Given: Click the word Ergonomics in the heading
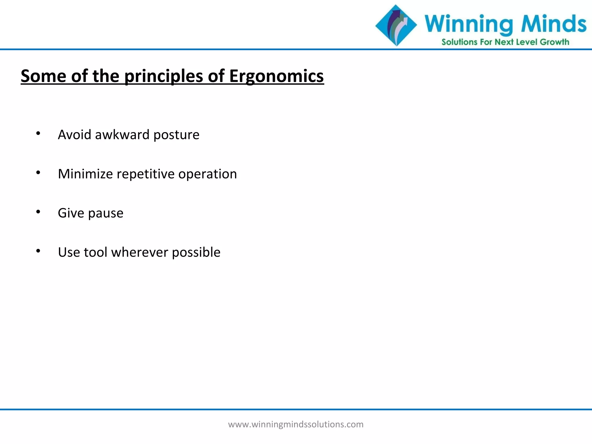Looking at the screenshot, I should [x=276, y=76].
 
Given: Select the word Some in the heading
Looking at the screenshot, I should [x=43, y=76].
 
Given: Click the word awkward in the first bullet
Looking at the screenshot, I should [x=122, y=135].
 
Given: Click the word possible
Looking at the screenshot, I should [x=196, y=252].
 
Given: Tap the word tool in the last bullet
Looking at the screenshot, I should [x=95, y=252].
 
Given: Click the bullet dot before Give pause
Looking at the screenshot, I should [x=38, y=212].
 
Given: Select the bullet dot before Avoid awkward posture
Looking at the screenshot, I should [x=38, y=133].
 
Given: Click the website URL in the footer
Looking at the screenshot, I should [x=296, y=424].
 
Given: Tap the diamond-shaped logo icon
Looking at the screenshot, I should [x=396, y=25].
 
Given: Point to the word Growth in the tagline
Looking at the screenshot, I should [x=554, y=42].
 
